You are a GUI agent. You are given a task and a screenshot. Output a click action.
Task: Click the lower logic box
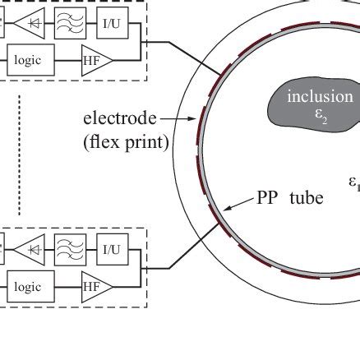[32, 287]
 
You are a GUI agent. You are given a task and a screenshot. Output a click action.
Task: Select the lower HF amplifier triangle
[94, 287]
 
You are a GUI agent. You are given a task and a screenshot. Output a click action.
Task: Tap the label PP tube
[289, 197]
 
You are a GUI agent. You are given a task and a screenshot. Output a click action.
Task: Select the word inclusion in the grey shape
[320, 97]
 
